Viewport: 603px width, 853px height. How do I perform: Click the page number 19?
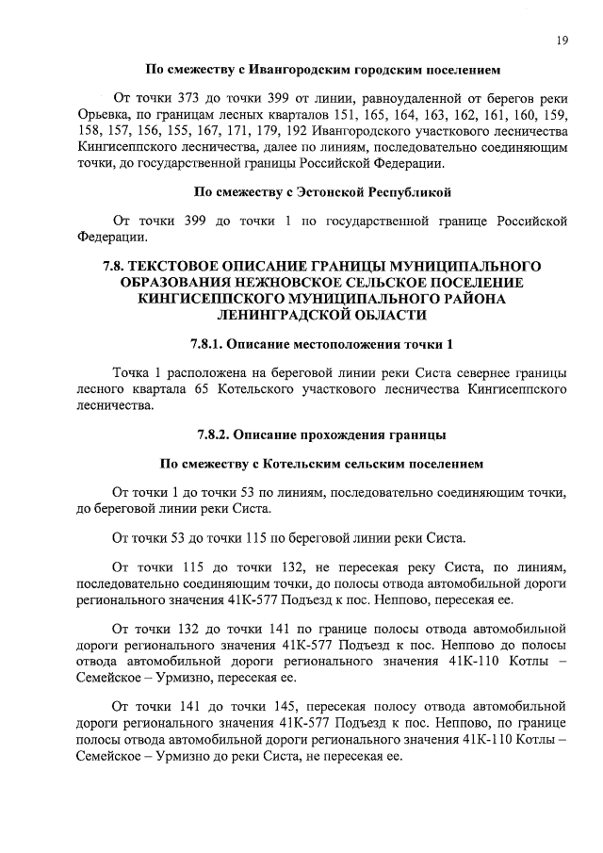(562, 40)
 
